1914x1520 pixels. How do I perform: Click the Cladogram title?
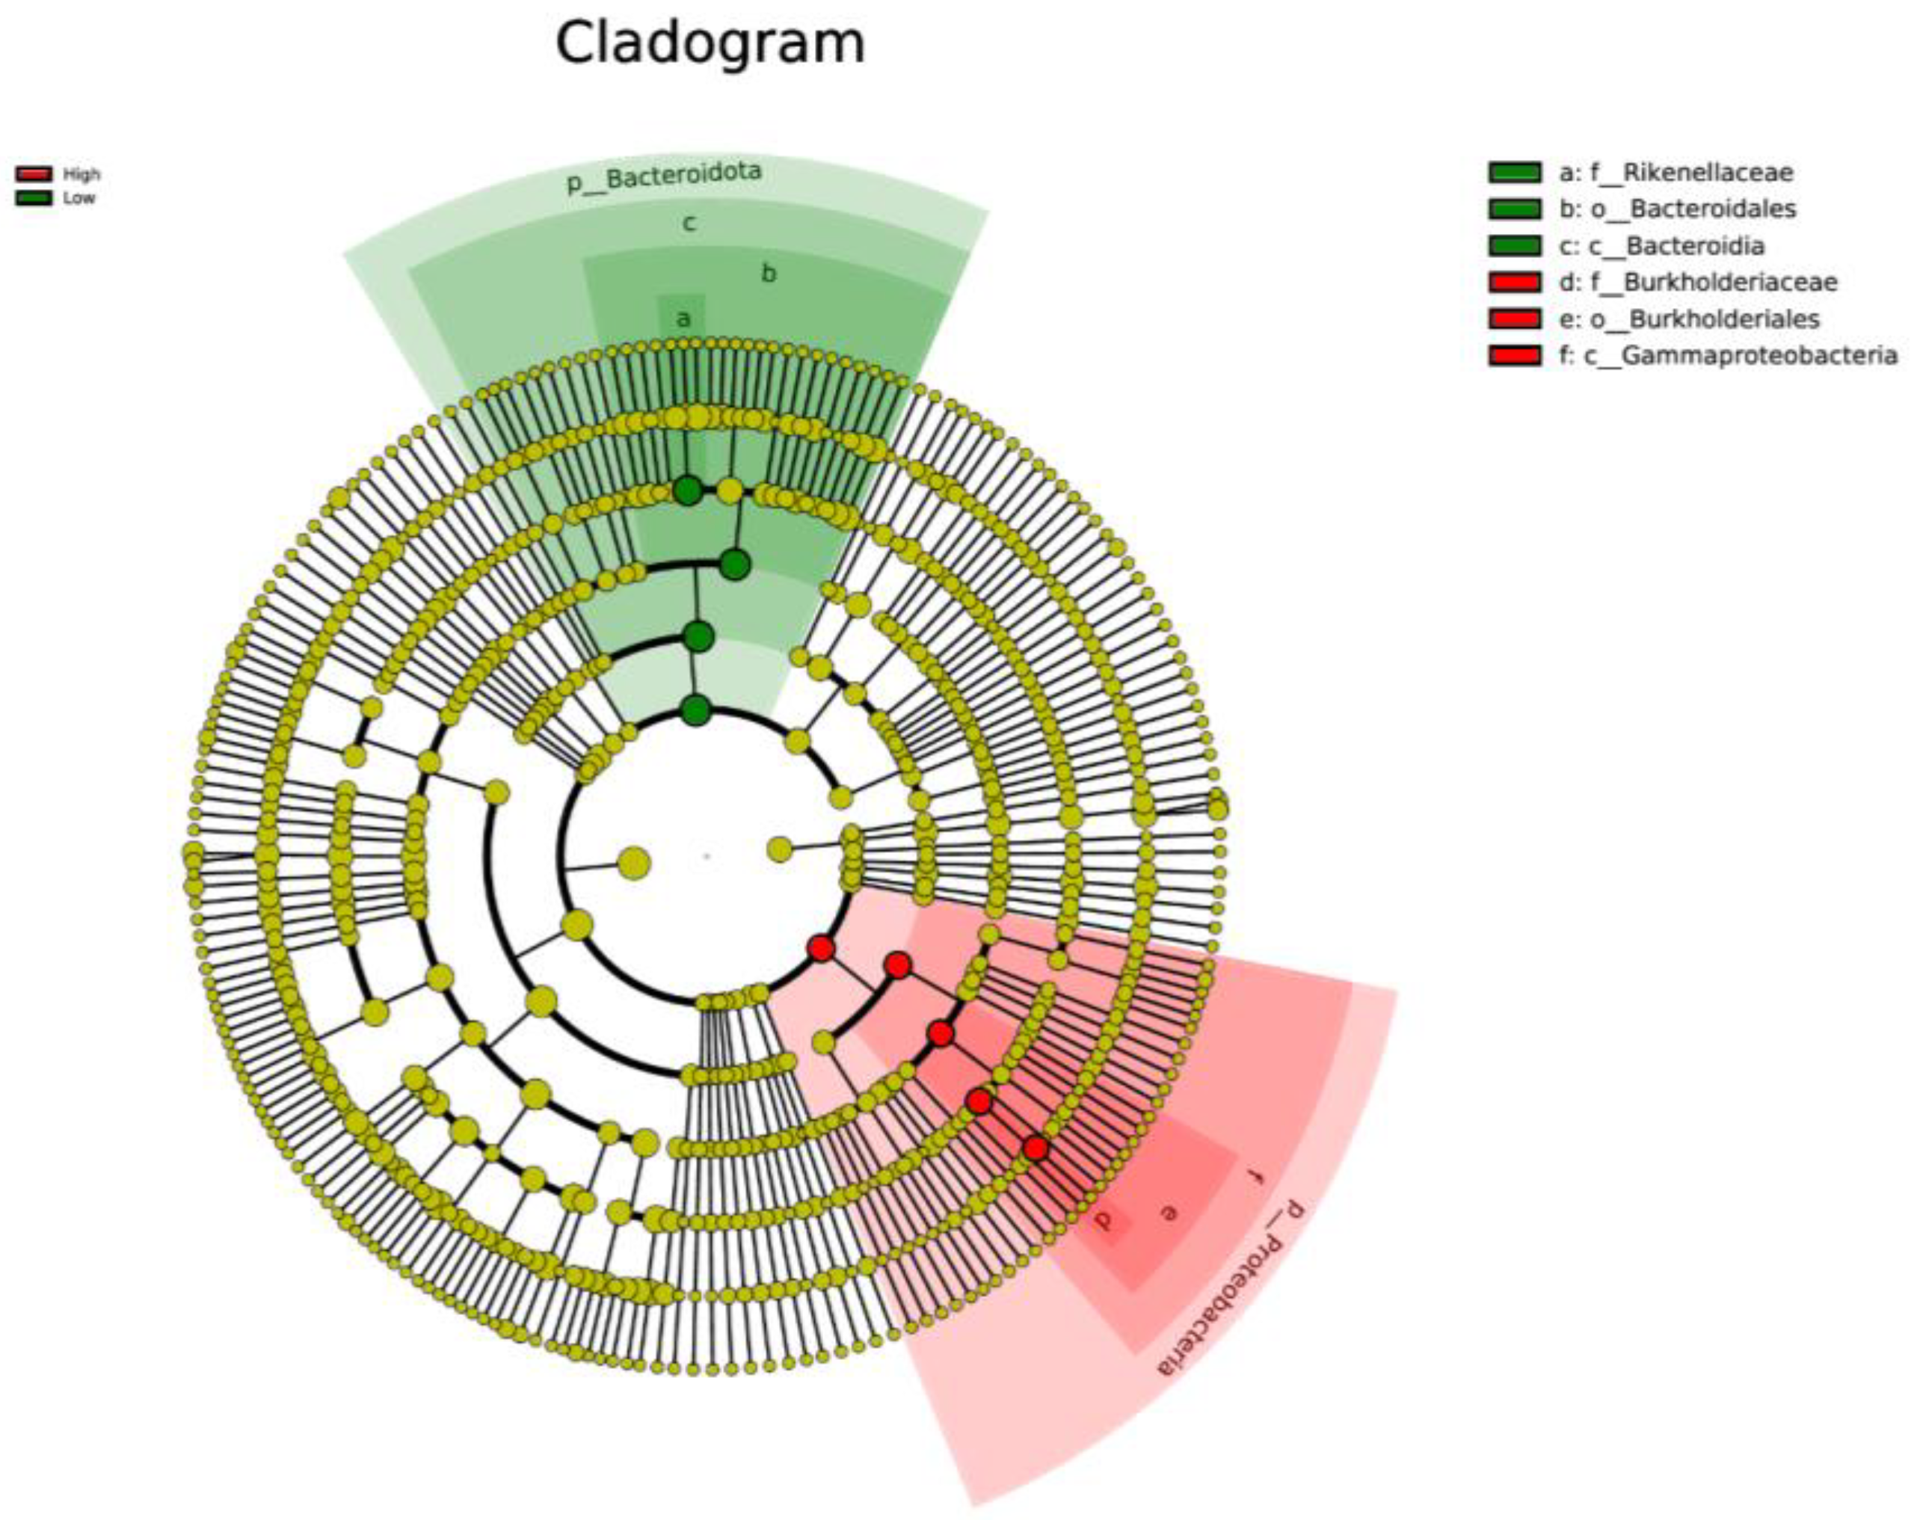pos(710,43)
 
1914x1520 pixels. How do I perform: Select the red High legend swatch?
pos(34,174)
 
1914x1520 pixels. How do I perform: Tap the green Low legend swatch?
pos(34,198)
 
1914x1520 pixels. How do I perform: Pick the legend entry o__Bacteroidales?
pos(1677,209)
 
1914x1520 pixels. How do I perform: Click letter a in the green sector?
pos(683,319)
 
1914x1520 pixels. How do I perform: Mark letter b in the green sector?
pos(769,274)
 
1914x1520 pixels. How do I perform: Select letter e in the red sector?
pos(1170,1211)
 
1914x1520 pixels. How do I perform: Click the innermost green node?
pos(696,710)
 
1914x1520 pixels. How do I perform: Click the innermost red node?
pos(821,948)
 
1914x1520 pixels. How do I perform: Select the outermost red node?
pos(1035,1148)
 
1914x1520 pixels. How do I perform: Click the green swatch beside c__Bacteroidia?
pos(1515,246)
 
